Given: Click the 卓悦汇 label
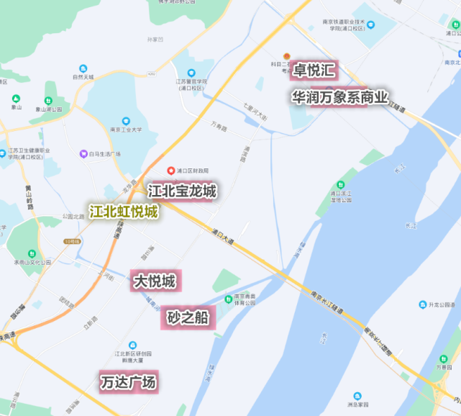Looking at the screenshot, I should click(314, 70).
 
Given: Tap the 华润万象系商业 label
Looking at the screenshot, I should click(339, 96).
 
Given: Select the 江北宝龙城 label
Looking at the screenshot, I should click(181, 191).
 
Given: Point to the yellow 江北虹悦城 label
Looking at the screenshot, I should click(123, 212).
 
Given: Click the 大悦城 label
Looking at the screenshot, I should click(153, 281).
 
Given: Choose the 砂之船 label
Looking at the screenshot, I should click(188, 317).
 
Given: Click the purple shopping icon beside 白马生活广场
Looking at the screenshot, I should click(83, 154).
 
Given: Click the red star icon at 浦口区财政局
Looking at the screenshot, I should click(171, 171).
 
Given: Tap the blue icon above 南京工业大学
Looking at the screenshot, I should click(126, 121).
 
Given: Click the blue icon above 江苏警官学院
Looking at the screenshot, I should click(191, 73).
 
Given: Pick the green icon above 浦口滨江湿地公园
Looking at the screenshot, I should click(341, 184).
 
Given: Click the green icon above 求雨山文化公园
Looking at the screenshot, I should click(32, 254).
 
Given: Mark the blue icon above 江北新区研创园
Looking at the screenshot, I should click(132, 345).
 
